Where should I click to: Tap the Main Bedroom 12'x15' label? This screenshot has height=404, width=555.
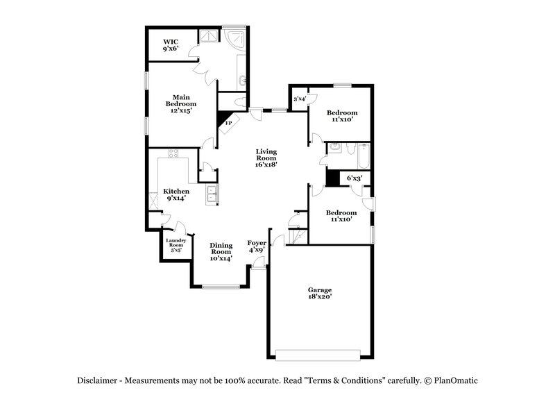coord(181,103)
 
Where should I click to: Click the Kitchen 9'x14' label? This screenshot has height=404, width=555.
coord(176,194)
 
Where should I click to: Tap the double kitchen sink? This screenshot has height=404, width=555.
coord(211,195)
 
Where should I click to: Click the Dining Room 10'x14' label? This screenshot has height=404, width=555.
coord(221,251)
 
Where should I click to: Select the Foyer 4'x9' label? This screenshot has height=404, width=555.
coord(257,246)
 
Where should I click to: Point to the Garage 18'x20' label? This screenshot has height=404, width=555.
coord(320,293)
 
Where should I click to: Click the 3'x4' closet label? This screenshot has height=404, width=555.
coord(300,99)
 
